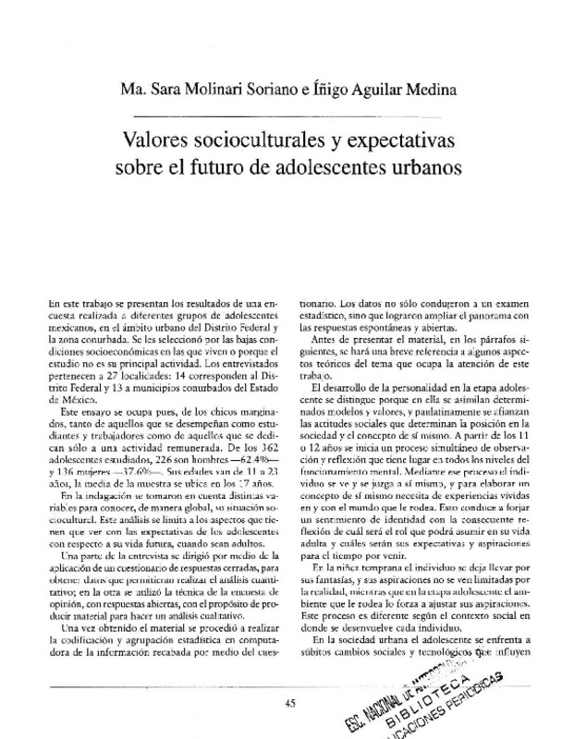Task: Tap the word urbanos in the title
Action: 397,172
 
